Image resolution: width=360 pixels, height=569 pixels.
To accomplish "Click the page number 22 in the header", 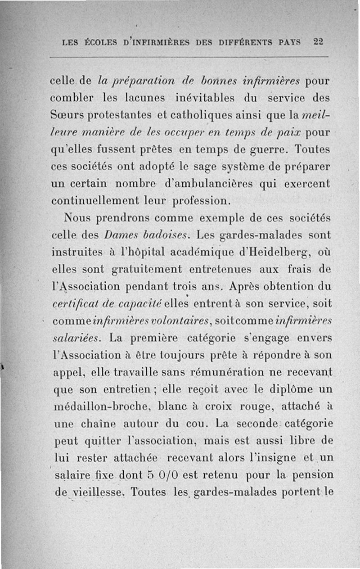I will point(318,42).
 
